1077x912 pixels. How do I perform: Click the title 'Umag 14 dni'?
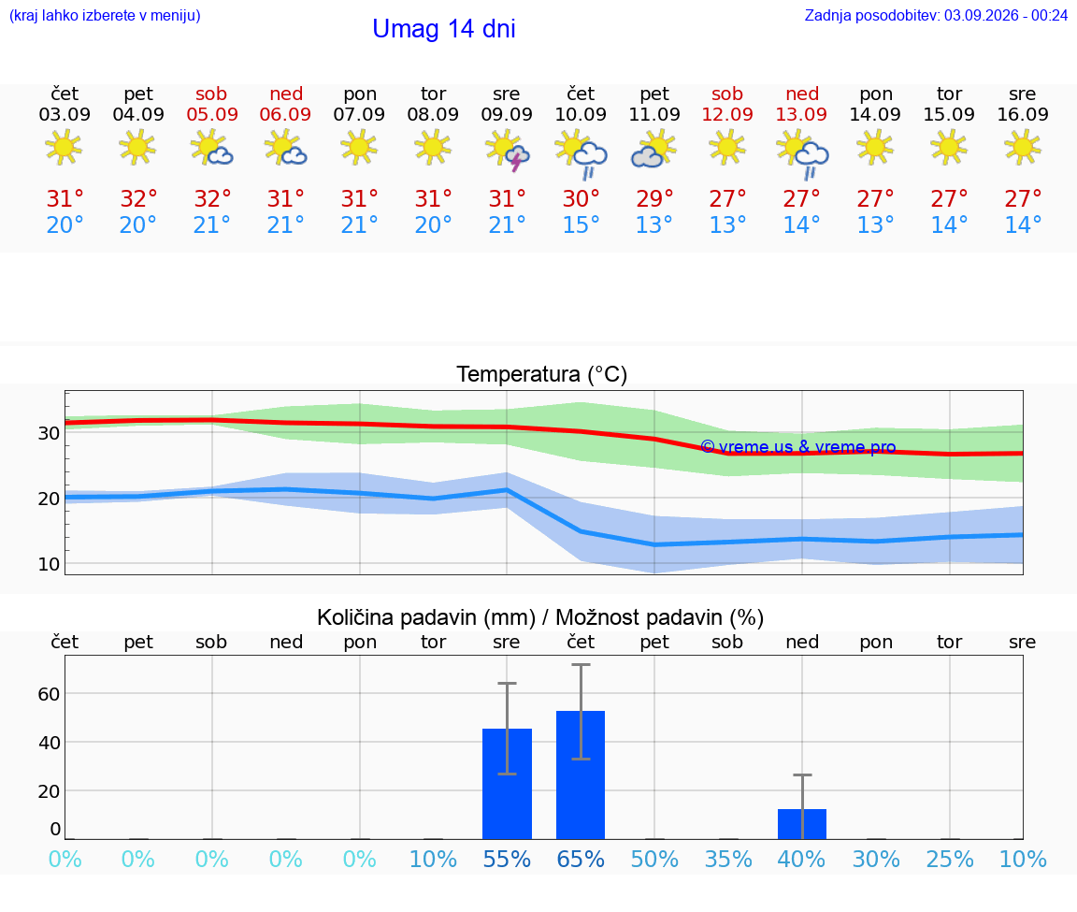point(444,29)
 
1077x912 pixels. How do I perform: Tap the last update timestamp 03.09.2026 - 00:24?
point(1006,15)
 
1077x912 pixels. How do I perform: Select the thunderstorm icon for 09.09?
point(507,152)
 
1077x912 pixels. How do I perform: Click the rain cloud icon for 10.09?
point(582,152)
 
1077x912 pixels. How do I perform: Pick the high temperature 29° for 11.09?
point(654,198)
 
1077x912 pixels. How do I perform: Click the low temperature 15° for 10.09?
point(582,224)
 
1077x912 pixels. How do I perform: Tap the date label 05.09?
point(212,114)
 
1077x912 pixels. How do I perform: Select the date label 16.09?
point(1023,114)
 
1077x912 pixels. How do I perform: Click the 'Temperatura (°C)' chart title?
point(542,374)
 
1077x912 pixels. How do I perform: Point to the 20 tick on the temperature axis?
point(49,499)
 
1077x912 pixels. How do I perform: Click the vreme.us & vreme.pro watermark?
point(798,447)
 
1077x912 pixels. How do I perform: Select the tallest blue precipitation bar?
point(581,774)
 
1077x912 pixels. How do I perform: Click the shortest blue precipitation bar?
point(801,824)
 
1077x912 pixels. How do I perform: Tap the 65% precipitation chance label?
point(581,859)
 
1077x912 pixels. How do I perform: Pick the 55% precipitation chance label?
point(507,859)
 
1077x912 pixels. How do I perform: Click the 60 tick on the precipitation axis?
point(49,694)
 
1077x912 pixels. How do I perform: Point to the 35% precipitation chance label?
point(728,859)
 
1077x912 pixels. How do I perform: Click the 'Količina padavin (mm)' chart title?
point(426,617)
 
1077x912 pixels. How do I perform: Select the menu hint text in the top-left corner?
point(105,15)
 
